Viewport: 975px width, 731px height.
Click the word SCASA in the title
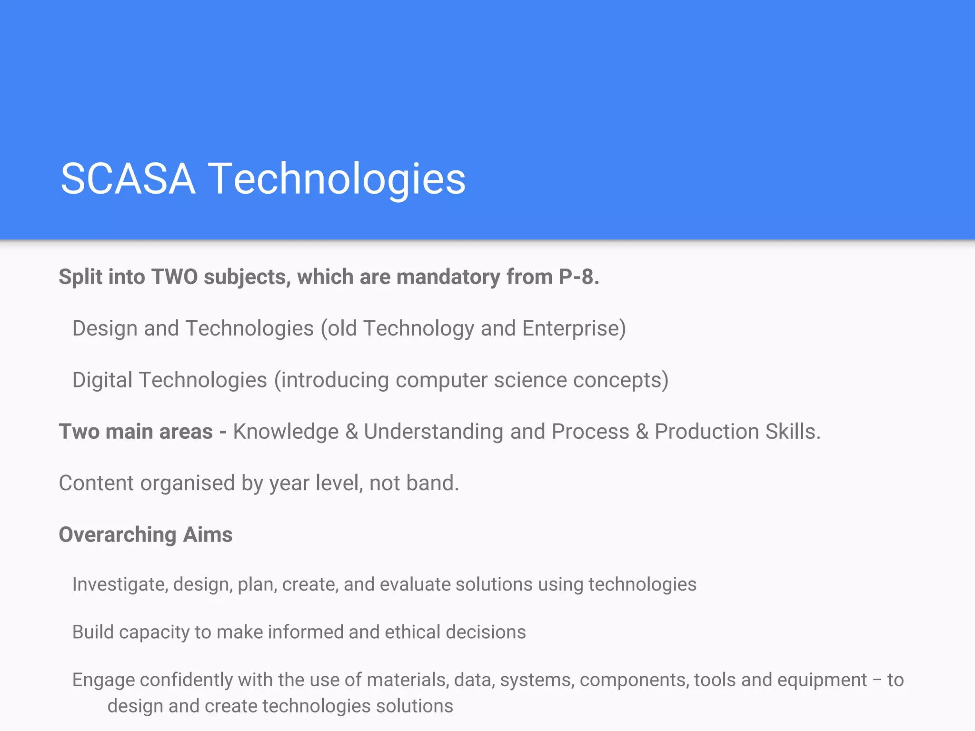pyautogui.click(x=128, y=179)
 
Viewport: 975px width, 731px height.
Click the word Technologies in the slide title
pyautogui.click(x=337, y=179)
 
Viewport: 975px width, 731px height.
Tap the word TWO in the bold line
pyautogui.click(x=174, y=277)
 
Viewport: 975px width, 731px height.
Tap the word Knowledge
pyautogui.click(x=286, y=432)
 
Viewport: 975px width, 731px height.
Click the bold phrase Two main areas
pyautogui.click(x=136, y=432)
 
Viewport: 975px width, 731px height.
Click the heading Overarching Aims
pyautogui.click(x=146, y=535)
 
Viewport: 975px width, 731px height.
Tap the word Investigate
pyautogui.click(x=119, y=584)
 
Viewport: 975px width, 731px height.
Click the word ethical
pyautogui.click(x=412, y=632)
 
